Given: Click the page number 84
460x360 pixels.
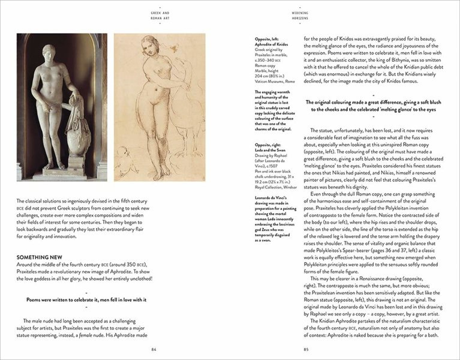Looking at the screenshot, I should click(154, 350).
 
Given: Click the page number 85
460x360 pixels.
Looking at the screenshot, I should click(306, 350).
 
